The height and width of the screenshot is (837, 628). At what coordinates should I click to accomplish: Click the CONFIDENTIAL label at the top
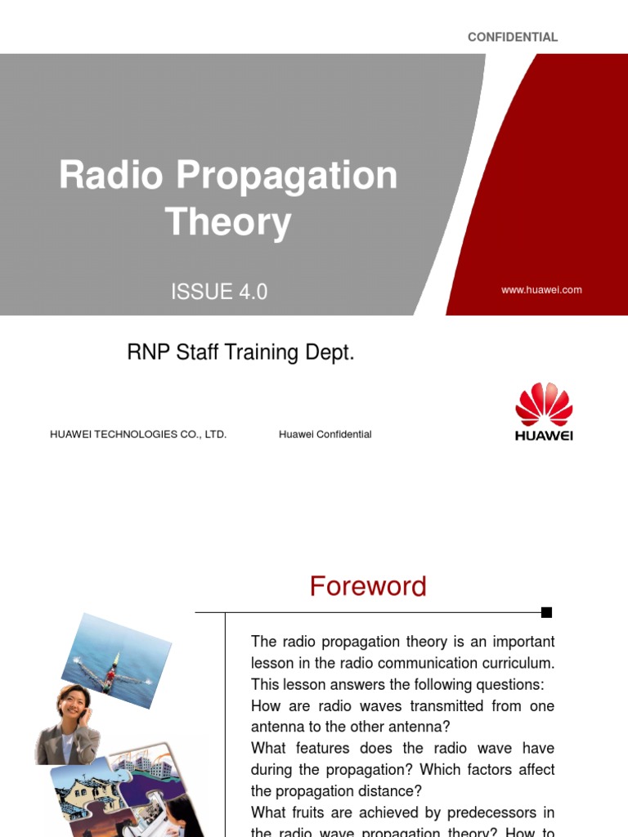(x=512, y=37)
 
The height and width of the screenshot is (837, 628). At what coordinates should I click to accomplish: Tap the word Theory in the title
(x=227, y=222)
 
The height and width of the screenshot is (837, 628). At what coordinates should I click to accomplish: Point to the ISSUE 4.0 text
(x=219, y=292)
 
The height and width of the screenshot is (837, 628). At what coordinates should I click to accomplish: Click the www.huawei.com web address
(x=541, y=290)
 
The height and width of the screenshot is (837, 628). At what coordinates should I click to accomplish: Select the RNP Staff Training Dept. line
(x=240, y=353)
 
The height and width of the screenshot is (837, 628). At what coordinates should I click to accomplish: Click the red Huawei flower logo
(x=544, y=404)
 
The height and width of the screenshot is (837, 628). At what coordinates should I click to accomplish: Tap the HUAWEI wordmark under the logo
(x=544, y=436)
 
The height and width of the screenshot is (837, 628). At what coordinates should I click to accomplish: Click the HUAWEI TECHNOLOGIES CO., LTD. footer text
(x=138, y=435)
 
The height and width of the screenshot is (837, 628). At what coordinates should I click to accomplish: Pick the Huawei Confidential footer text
(x=325, y=435)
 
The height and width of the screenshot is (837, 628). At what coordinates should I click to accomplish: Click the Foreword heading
(x=368, y=587)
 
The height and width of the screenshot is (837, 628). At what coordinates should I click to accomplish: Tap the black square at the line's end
(x=547, y=612)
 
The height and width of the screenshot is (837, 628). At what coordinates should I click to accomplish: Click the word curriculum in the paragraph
(x=514, y=664)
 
